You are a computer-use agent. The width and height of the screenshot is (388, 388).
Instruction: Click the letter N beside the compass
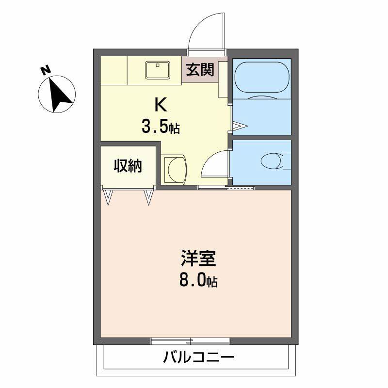46,71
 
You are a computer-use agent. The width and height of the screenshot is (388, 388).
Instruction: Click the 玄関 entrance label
199,70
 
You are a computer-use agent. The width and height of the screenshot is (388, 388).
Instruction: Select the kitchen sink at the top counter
157,70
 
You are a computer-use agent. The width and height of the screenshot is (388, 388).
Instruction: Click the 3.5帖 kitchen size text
161,127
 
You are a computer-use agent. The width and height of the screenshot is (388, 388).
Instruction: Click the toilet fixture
272,160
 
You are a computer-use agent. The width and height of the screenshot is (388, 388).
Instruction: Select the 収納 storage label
128,166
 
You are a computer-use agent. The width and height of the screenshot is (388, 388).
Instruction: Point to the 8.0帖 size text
198,281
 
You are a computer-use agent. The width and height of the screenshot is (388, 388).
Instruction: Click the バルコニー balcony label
198,359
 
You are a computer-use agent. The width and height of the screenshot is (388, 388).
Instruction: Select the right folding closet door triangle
149,196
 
